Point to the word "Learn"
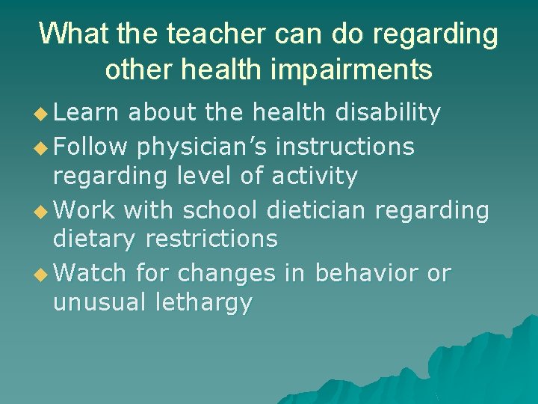85,113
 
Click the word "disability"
388,113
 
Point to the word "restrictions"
211,239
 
